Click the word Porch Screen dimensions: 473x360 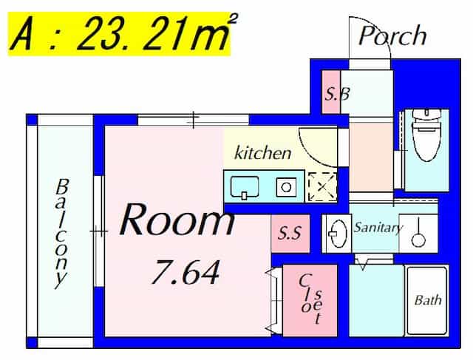[392, 36]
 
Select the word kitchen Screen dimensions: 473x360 [263, 153]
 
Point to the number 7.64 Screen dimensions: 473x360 [186, 273]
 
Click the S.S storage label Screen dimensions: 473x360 [290, 233]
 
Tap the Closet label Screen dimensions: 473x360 [310, 299]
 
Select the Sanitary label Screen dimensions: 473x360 [378, 228]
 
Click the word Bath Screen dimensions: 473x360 [428, 300]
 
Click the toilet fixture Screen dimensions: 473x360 [426, 135]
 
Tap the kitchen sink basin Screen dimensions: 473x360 [245, 187]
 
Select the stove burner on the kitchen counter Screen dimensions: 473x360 [286, 188]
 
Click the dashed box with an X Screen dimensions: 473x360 [322, 187]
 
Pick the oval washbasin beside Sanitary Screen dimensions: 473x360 [336, 234]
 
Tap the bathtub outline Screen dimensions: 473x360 [427, 301]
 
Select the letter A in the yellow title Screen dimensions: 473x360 [21, 34]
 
